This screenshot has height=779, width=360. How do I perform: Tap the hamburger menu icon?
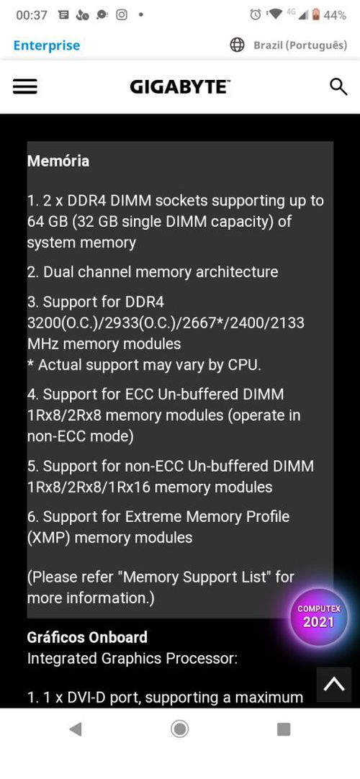click(24, 87)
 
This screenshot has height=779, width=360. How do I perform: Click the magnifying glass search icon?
click(338, 87)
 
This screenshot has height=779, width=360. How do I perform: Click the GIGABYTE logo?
click(180, 87)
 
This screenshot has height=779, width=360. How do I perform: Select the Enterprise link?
click(47, 45)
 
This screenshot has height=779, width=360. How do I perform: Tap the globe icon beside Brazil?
click(238, 45)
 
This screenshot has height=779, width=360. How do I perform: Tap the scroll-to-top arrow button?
click(333, 685)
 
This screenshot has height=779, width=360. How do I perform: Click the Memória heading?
click(58, 161)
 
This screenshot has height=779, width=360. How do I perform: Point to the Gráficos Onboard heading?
click(87, 637)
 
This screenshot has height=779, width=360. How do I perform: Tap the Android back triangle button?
click(75, 729)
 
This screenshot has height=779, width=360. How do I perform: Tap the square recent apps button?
click(284, 729)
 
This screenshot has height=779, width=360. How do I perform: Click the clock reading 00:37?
click(32, 15)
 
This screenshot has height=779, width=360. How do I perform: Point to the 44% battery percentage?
click(336, 15)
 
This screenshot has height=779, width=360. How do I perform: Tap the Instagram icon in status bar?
click(122, 15)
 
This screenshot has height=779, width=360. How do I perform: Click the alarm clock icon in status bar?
click(255, 15)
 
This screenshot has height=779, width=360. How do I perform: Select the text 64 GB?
click(48, 222)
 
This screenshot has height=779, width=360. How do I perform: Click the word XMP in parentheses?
click(47, 537)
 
